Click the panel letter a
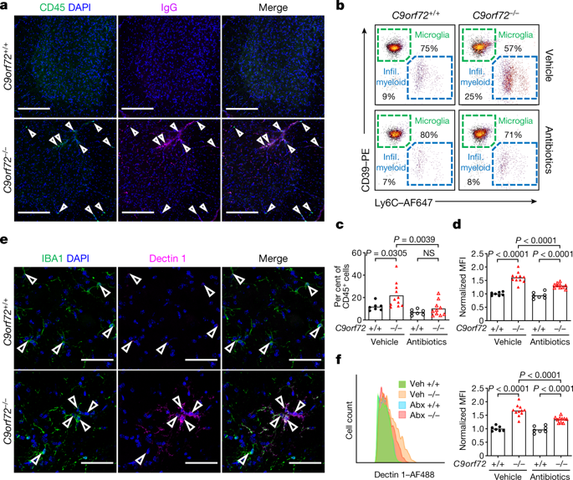(6, 7)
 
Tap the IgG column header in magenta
(170, 10)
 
